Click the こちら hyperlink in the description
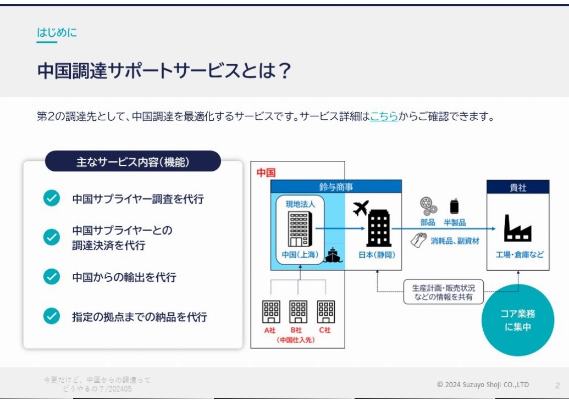(x=384, y=116)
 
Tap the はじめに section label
(x=57, y=32)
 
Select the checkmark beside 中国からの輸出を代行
(x=52, y=277)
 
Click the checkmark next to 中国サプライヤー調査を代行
(x=52, y=198)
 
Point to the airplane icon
(x=361, y=208)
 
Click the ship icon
(x=333, y=255)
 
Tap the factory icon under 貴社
(x=517, y=228)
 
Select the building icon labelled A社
(x=271, y=311)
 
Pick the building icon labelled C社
(x=326, y=311)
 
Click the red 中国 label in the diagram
(x=266, y=172)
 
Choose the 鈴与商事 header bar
(x=336, y=187)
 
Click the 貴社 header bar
(x=518, y=187)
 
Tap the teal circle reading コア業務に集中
(x=518, y=320)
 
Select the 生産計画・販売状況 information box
(x=444, y=292)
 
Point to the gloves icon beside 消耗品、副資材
(x=418, y=241)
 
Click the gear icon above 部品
(x=429, y=206)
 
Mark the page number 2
(x=557, y=386)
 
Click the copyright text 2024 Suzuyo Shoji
(x=483, y=384)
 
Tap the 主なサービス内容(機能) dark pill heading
(x=133, y=161)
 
